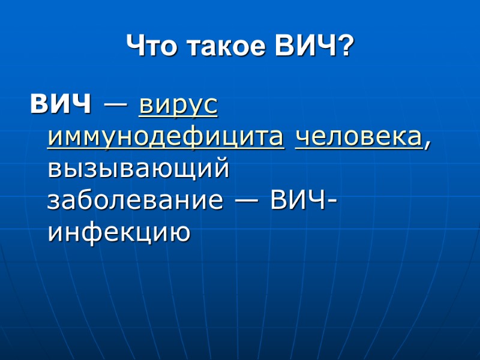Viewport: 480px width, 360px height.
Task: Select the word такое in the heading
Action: (219, 46)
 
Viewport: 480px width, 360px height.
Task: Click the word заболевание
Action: (134, 200)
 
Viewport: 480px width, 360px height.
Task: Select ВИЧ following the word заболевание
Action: (295, 200)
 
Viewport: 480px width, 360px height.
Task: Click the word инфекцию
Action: (119, 232)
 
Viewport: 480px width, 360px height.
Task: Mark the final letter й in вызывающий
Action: (222, 169)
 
